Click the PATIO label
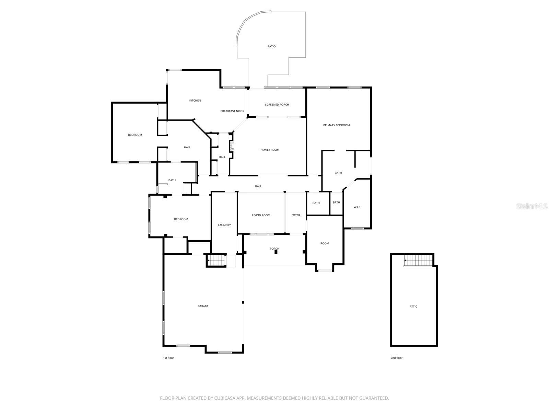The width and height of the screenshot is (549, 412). [271, 46]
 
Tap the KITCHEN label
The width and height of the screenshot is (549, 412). [195, 101]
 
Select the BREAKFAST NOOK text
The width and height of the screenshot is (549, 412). [232, 111]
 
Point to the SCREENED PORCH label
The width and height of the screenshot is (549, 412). [277, 105]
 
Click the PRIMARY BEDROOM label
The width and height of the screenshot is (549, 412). [336, 125]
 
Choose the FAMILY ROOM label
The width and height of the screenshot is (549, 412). [270, 150]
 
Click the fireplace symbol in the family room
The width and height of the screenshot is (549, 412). [232, 147]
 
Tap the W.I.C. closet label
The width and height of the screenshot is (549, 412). [357, 207]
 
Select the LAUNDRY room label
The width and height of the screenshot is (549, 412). [224, 225]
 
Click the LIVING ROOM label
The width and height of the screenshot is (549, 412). [261, 215]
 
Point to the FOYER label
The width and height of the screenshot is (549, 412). [295, 215]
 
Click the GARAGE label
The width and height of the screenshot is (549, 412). [203, 306]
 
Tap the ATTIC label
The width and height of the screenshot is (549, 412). [413, 307]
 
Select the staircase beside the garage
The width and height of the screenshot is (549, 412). [217, 261]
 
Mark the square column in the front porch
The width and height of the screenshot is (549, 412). [276, 252]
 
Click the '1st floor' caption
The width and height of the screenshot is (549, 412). [168, 358]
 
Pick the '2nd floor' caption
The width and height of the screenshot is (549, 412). [396, 358]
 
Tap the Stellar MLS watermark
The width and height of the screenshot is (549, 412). [532, 206]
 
